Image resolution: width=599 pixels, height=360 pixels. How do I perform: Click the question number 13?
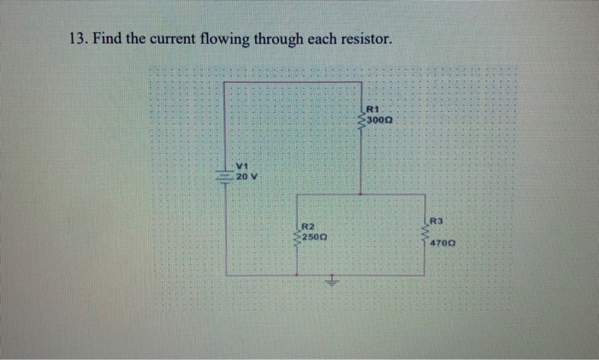77,40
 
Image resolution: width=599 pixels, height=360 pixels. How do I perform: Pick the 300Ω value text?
380,121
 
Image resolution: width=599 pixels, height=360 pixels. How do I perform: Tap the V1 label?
242,166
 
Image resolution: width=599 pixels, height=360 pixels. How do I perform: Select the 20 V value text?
247,176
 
